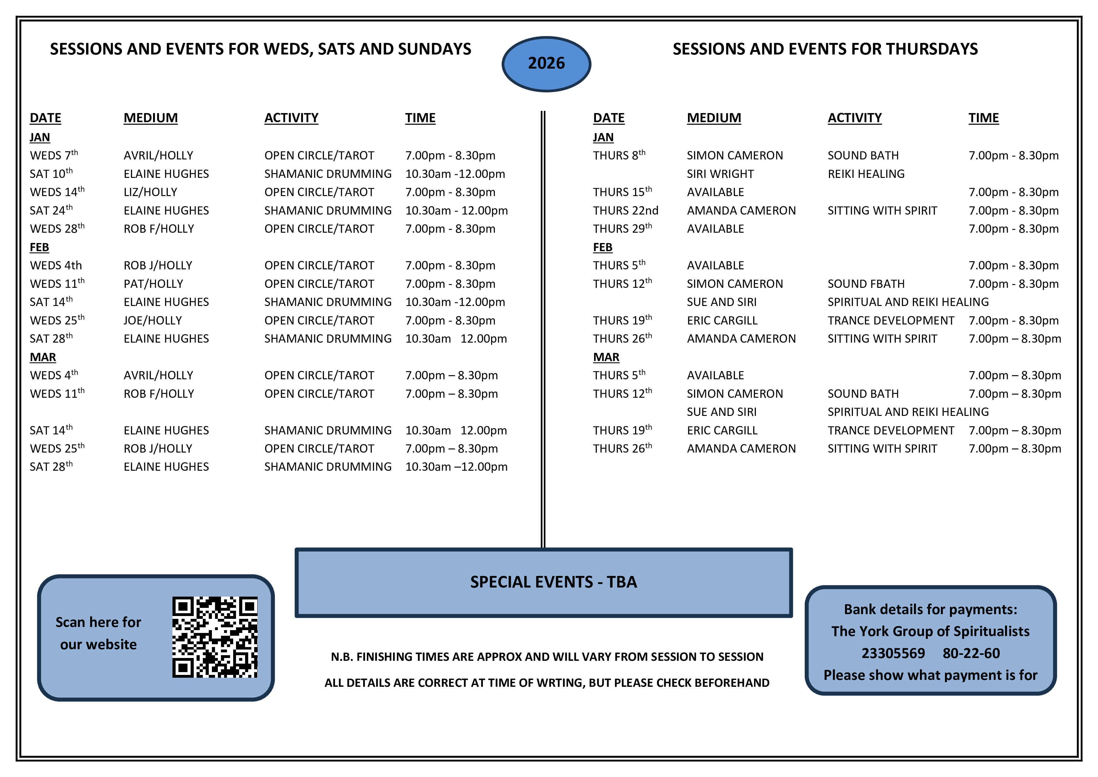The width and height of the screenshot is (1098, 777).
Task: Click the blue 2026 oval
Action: (x=546, y=64)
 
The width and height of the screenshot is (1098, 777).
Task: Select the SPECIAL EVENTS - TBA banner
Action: (x=544, y=582)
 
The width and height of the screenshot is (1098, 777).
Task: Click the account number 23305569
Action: (x=893, y=653)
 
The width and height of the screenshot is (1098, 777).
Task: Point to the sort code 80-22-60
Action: (x=971, y=653)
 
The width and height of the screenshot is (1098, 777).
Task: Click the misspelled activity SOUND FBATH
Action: (x=866, y=284)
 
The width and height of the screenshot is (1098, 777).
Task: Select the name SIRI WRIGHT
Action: (x=720, y=174)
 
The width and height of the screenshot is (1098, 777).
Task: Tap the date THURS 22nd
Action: (x=625, y=210)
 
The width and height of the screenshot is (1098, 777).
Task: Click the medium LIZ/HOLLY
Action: (x=150, y=192)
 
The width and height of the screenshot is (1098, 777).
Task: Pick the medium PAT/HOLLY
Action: (x=153, y=284)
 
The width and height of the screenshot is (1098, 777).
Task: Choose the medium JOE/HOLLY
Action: (x=152, y=321)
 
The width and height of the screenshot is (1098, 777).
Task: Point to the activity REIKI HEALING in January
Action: (x=866, y=174)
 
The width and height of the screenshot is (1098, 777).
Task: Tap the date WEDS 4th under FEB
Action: (x=55, y=266)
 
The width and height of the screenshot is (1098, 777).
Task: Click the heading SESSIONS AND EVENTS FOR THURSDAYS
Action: (x=825, y=49)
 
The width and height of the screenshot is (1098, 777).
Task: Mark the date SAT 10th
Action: (x=51, y=174)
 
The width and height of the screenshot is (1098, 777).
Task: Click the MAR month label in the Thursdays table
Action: (x=606, y=357)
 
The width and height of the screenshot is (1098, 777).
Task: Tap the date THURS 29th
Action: (x=622, y=229)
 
